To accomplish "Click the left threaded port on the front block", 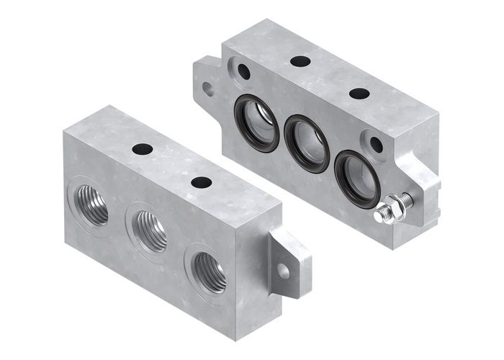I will click(x=91, y=204).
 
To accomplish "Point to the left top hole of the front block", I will click(x=142, y=149).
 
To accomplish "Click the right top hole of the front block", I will click(x=201, y=182).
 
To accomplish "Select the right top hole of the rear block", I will click(x=359, y=93).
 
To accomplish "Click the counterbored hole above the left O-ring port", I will click(x=243, y=72).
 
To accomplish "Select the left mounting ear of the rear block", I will click(x=207, y=83).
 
